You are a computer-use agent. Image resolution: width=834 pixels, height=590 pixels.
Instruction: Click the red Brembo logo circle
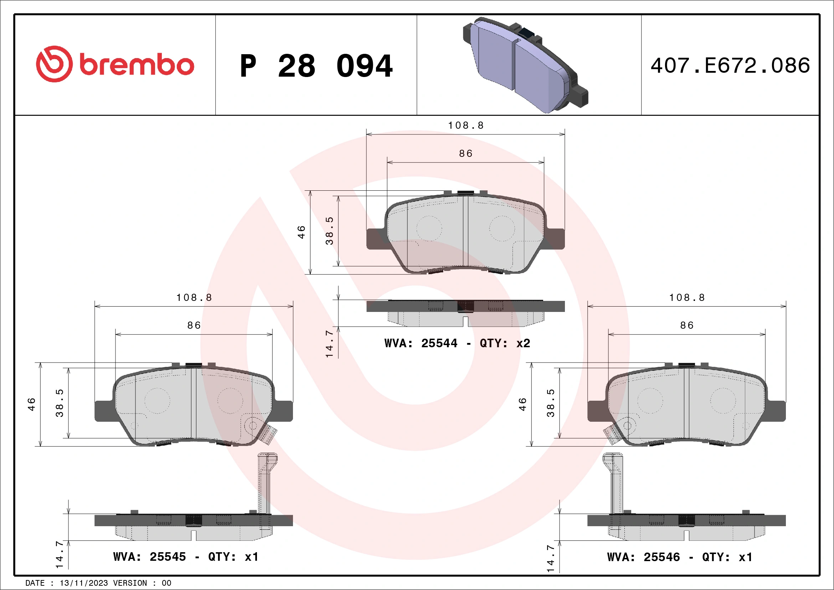click(x=54, y=64)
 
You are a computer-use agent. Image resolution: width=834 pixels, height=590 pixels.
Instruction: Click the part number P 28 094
click(x=316, y=66)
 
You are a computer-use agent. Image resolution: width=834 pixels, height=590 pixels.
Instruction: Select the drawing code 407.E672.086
click(x=730, y=66)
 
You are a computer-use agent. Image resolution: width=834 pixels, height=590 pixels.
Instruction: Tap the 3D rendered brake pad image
click(x=525, y=65)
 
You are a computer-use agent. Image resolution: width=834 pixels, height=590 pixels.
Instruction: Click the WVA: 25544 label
click(x=421, y=343)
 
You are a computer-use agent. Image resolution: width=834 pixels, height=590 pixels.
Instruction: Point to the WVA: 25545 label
click(x=149, y=557)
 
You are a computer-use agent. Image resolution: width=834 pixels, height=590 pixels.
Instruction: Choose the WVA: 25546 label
click(x=643, y=557)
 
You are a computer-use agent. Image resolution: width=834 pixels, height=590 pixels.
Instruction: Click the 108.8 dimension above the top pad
click(x=466, y=126)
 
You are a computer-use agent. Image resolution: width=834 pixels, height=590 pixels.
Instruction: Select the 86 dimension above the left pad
click(x=194, y=325)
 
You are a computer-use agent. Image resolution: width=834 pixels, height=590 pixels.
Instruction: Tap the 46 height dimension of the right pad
click(x=522, y=404)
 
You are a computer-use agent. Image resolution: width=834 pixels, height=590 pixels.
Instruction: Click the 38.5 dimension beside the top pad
click(x=329, y=231)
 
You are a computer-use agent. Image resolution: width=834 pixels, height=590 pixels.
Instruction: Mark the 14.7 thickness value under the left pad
click(x=59, y=555)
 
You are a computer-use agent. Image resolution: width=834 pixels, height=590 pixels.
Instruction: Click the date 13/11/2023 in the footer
click(x=83, y=583)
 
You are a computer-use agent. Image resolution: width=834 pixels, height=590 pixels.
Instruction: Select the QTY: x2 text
click(x=505, y=343)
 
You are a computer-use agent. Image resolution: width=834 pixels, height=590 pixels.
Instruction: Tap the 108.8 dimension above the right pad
click(x=687, y=298)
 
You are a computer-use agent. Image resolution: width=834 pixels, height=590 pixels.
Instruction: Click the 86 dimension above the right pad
click(x=687, y=325)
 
